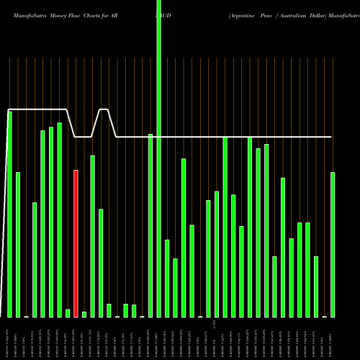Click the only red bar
pos(76,243)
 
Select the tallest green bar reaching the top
pos(159,158)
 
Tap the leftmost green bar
pos(10,214)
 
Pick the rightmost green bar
pos(333,245)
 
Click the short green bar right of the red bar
pos(84,314)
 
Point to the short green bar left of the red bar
pos(68,313)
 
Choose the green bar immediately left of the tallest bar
pos(150,225)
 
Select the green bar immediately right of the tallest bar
pos(167,278)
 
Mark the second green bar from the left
pos(18,245)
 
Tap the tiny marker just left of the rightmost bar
pos(325,316)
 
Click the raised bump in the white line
pos(104,110)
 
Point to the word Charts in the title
pos(109,14)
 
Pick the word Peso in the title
pos(276,14)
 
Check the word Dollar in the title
pos(336,14)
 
